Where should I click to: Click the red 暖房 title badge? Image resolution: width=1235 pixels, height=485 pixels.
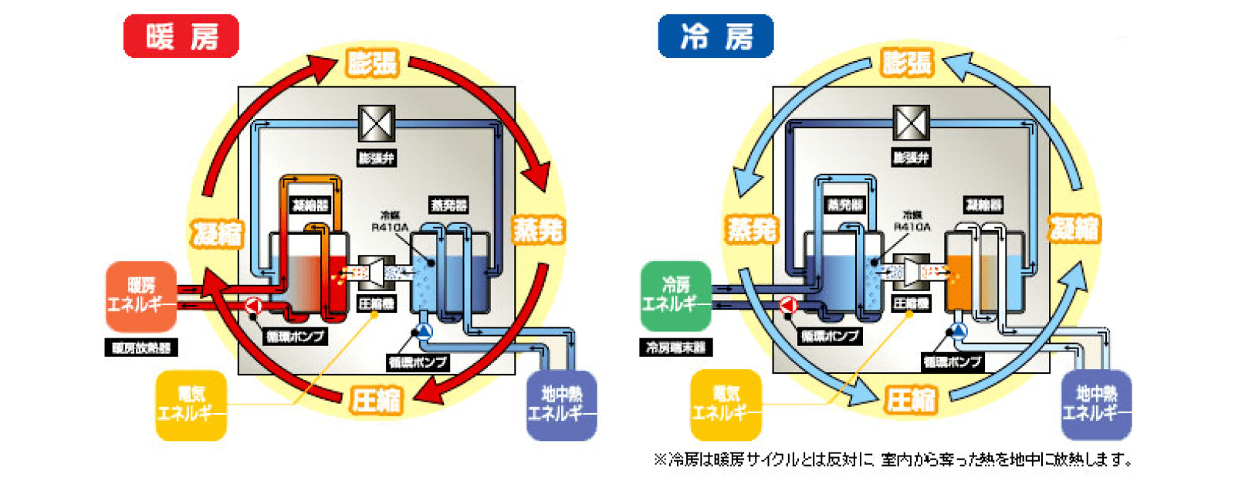pyautogui.click(x=181, y=36)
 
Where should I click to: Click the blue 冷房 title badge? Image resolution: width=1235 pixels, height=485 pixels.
pyautogui.click(x=716, y=36)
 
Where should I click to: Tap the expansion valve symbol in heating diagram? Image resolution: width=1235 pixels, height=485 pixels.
pyautogui.click(x=377, y=124)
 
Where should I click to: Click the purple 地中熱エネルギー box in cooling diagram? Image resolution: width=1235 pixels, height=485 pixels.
pyautogui.click(x=1095, y=405)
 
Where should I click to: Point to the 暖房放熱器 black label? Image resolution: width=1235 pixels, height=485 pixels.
pyautogui.click(x=140, y=348)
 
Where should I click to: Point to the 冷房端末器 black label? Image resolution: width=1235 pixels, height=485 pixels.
pyautogui.click(x=675, y=348)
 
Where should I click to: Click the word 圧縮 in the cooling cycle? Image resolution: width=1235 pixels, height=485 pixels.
pyautogui.click(x=911, y=400)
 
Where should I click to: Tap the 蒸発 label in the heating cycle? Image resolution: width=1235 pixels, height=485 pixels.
pyautogui.click(x=538, y=229)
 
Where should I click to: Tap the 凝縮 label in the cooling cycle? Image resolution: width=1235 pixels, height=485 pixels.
pyautogui.click(x=1074, y=229)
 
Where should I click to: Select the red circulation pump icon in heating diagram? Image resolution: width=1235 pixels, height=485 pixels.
pyautogui.click(x=253, y=306)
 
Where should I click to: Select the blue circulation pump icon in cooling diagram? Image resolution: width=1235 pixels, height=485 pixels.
pyautogui.click(x=957, y=331)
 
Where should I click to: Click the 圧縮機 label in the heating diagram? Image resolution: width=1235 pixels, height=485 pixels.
pyautogui.click(x=376, y=304)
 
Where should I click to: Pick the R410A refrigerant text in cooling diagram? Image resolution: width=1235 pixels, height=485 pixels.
pyautogui.click(x=912, y=226)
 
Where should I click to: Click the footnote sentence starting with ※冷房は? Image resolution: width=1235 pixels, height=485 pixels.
pyautogui.click(x=892, y=460)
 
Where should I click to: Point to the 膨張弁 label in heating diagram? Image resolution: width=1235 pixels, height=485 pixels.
pyautogui.click(x=377, y=158)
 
